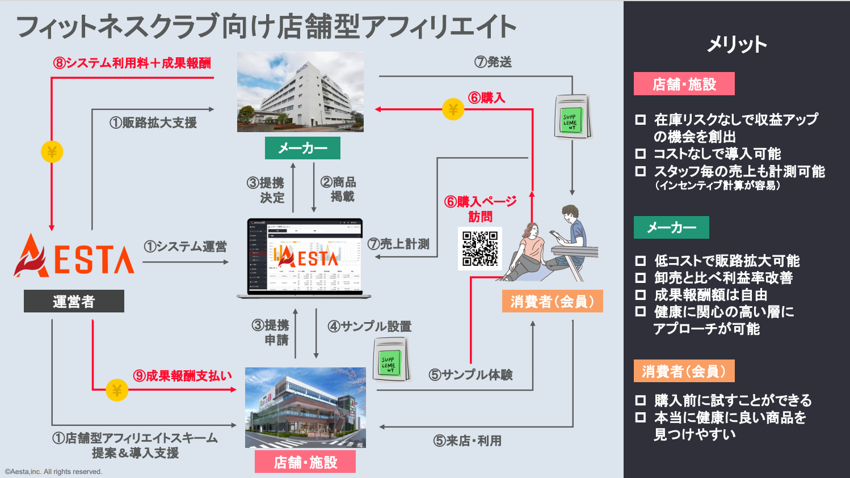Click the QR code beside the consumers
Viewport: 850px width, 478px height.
[x=480, y=248]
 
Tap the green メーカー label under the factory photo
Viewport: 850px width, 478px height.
[x=302, y=148]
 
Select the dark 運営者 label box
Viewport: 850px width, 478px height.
[x=74, y=301]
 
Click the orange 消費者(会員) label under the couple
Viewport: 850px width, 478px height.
[x=552, y=301]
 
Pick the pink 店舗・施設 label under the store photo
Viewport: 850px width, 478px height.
[x=305, y=462]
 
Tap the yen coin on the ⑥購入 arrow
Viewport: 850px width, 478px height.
[x=453, y=109]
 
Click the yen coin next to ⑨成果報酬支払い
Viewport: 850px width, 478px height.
[x=117, y=390]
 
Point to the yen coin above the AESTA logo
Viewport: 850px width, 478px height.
[x=52, y=152]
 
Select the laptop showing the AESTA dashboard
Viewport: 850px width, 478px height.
[x=304, y=258]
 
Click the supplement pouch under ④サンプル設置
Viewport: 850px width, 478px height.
[x=391, y=359]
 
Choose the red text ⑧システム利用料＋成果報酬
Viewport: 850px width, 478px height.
[x=132, y=63]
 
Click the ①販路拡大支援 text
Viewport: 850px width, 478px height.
[x=153, y=122]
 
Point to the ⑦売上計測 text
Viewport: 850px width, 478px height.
[x=398, y=244]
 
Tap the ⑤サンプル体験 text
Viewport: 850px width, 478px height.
[x=470, y=375]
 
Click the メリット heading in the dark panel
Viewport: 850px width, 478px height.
[x=737, y=44]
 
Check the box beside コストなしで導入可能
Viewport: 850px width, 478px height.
[x=641, y=154]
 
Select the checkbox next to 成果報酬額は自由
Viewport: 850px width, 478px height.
[x=641, y=295]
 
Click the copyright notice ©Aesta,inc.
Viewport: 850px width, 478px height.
[x=53, y=472]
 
